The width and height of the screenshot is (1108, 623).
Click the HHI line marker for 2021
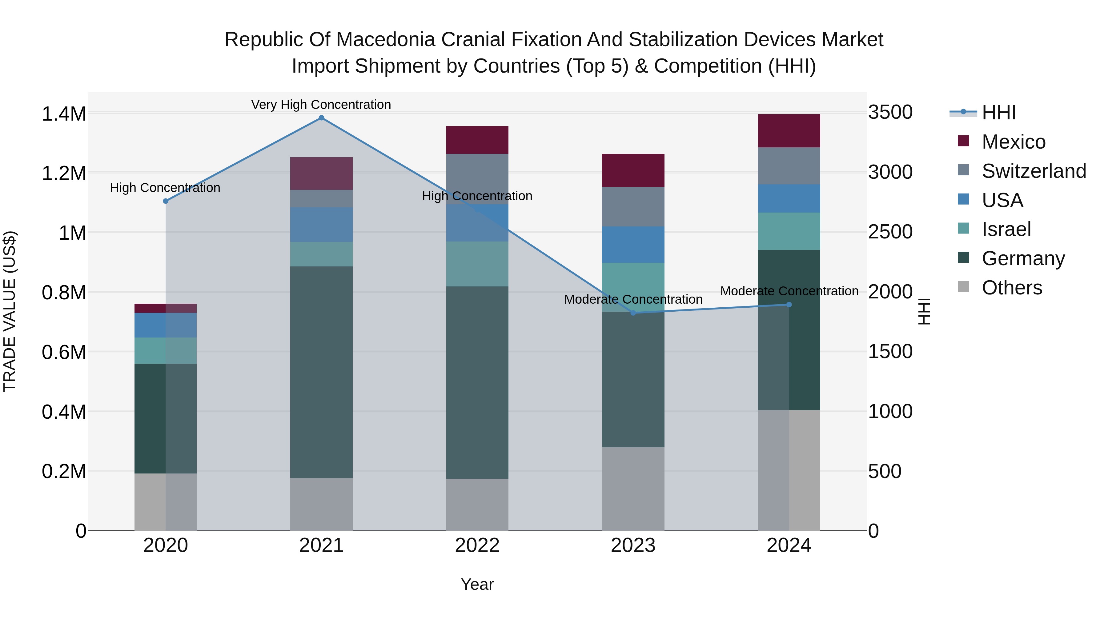(x=321, y=118)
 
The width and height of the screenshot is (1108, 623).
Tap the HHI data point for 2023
(x=633, y=313)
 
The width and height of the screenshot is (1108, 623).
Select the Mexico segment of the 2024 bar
(x=789, y=131)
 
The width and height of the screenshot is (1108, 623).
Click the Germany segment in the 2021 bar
(x=321, y=372)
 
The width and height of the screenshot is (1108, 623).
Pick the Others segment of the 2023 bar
(x=633, y=489)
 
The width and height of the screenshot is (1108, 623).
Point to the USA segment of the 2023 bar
(x=633, y=245)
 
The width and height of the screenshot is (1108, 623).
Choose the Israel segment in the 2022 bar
(x=477, y=264)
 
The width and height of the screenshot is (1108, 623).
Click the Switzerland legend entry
(x=1034, y=171)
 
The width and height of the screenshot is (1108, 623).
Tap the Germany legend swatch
(x=963, y=258)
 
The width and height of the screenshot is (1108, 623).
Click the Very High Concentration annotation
(x=321, y=105)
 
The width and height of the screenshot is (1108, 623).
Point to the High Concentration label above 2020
(x=165, y=188)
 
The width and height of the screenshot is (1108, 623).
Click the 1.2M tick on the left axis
(x=64, y=174)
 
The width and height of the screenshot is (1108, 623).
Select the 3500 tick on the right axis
(x=890, y=112)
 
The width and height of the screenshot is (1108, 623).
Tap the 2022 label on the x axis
(x=477, y=545)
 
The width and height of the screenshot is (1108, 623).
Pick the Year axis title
(x=477, y=584)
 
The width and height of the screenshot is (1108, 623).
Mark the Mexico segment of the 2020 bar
(x=166, y=308)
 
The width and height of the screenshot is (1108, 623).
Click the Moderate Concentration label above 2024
(x=789, y=291)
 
